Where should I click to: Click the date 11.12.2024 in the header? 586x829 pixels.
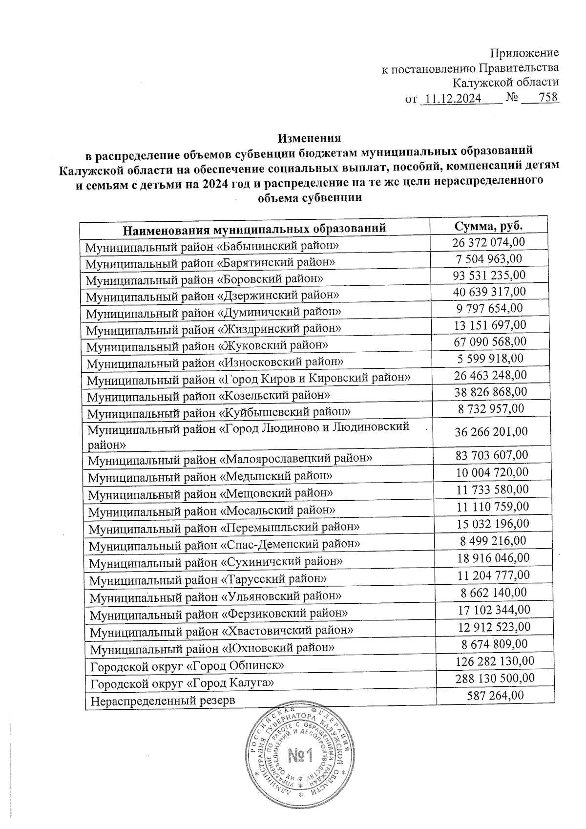pyautogui.click(x=450, y=99)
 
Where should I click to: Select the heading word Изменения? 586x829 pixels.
pyautogui.click(x=309, y=139)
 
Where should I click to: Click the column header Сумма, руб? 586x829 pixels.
pyautogui.click(x=488, y=226)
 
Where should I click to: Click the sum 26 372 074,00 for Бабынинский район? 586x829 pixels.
pyautogui.click(x=489, y=242)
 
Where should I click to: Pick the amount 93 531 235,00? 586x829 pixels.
pyautogui.click(x=489, y=275)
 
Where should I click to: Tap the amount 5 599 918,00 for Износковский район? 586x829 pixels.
pyautogui.click(x=490, y=359)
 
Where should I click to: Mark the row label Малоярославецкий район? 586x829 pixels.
pyautogui.click(x=230, y=459)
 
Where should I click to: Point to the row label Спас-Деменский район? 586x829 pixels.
pyautogui.click(x=225, y=544)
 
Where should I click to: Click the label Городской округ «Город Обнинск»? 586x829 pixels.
pyautogui.click(x=188, y=665)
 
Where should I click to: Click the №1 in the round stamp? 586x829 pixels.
pyautogui.click(x=300, y=756)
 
